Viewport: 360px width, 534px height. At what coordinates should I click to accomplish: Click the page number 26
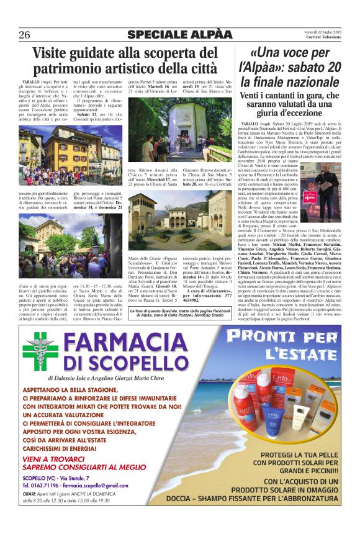[25, 34]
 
